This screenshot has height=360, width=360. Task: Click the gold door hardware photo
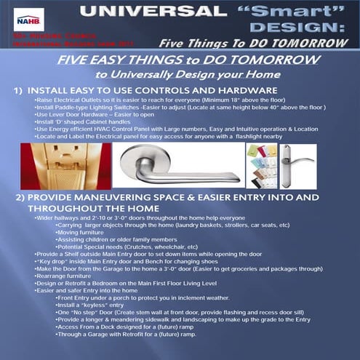point(64,166)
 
